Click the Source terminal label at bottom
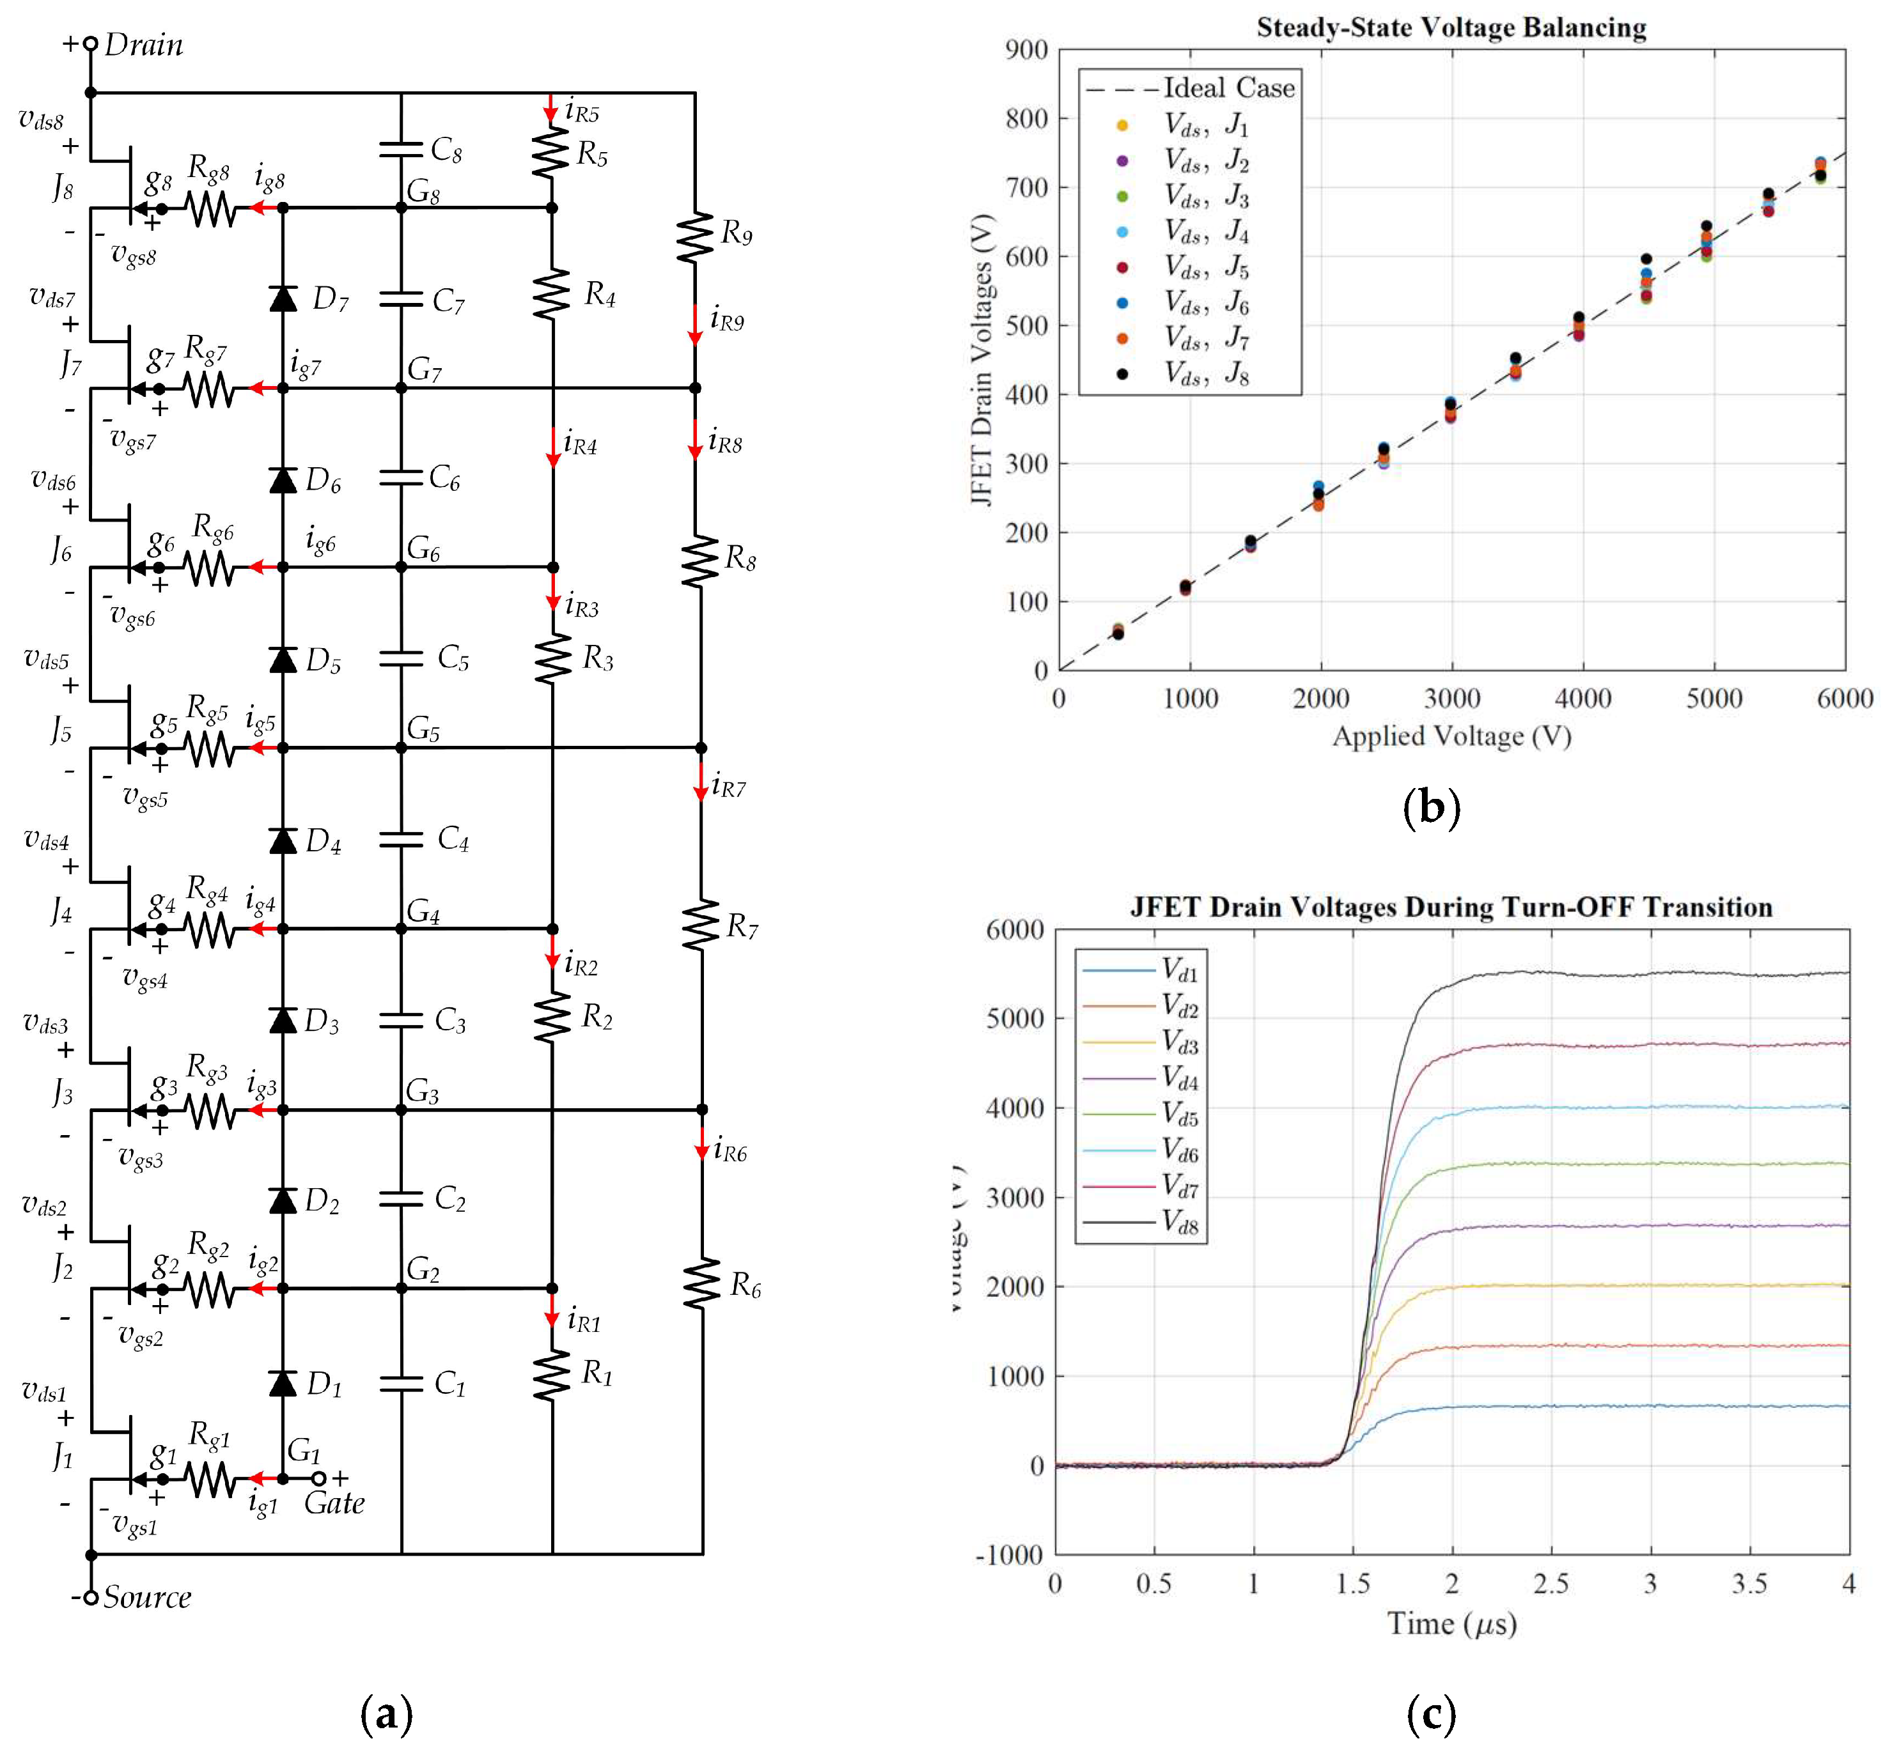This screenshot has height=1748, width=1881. pos(146,1598)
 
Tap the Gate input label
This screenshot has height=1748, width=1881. pos(334,1503)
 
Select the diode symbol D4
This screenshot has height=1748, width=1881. pos(283,839)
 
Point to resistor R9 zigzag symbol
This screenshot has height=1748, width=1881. pos(696,237)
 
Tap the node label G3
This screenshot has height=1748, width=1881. pos(422,1092)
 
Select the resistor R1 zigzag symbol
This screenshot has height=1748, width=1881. pos(552,1373)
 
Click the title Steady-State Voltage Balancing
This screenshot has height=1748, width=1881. pos(1451,28)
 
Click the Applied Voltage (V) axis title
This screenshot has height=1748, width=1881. pos(1451,736)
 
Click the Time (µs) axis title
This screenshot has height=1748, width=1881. pos(1451,1623)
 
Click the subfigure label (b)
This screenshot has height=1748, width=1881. pos(1432,807)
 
